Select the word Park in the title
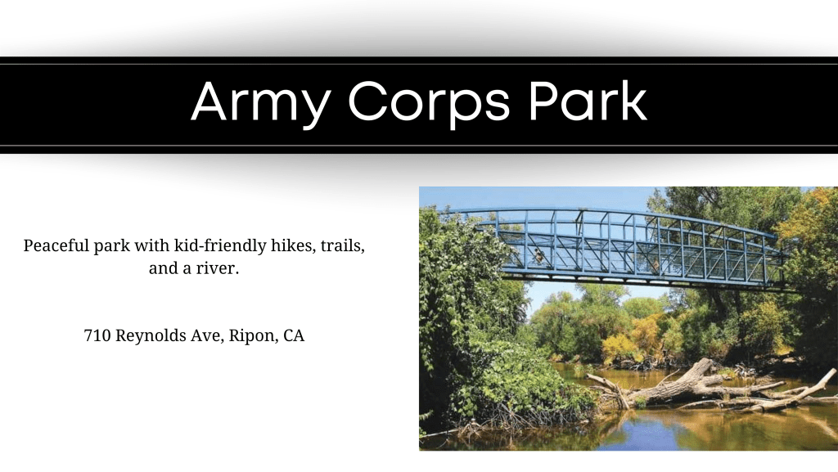click(x=588, y=101)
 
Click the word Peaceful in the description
click(x=56, y=245)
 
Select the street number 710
click(x=97, y=335)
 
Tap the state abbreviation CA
click(x=294, y=335)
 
